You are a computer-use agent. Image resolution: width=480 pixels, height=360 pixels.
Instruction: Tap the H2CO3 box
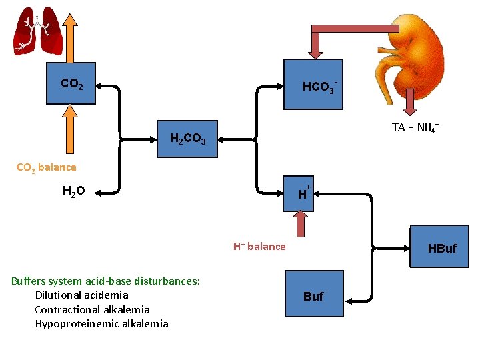coord(187,139)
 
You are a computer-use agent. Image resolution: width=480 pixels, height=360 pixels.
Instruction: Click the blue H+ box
coord(303,194)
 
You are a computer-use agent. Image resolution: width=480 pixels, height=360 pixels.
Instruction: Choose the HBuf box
coord(441,248)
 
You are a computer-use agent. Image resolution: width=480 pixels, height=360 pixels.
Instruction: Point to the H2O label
coord(73,192)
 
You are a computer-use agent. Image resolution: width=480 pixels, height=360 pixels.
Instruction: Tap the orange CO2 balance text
coord(47,167)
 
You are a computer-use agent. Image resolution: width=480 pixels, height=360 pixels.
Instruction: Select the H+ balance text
coord(259,247)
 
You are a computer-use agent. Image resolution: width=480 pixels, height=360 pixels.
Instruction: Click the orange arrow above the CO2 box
coord(71,37)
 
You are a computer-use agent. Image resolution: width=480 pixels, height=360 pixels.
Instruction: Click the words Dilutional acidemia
coord(81,295)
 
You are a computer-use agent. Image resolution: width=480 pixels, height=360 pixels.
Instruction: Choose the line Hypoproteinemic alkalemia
coord(101,324)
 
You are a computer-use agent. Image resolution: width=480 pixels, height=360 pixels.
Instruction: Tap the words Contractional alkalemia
coord(92,309)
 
